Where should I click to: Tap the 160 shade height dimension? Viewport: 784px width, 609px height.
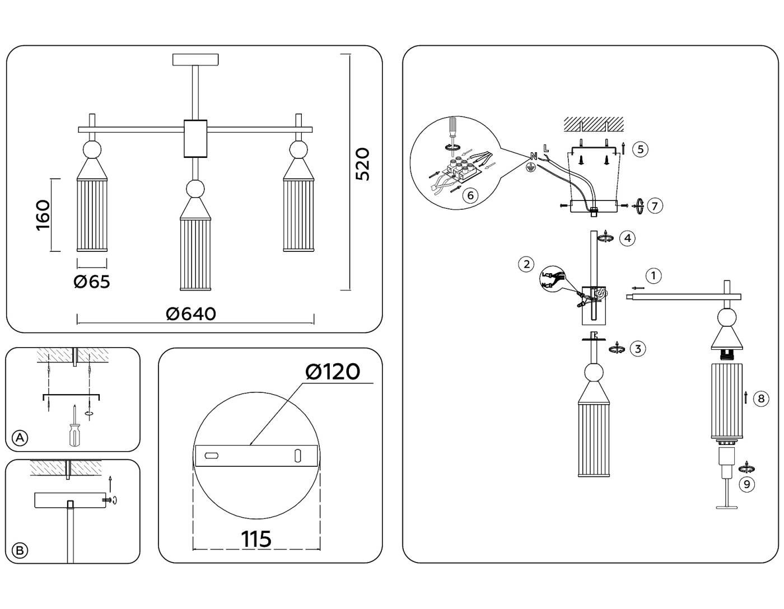point(43,215)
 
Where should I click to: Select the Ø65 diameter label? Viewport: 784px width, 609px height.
point(92,282)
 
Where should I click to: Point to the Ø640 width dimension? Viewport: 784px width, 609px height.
point(191,314)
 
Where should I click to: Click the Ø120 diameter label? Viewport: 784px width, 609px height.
point(333,371)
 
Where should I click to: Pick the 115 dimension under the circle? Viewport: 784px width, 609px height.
point(256,539)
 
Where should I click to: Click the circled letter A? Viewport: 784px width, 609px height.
point(20,438)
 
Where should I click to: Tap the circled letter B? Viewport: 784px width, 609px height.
point(20,550)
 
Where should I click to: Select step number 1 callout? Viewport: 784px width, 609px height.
point(653,275)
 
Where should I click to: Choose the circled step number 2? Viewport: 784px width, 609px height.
point(526,264)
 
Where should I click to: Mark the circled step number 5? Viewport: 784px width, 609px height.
point(640,149)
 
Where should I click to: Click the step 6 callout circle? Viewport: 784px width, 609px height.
point(470,195)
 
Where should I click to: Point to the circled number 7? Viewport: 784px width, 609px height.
point(655,205)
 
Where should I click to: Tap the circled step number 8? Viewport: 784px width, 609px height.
point(760,399)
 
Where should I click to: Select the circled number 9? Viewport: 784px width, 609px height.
point(746,484)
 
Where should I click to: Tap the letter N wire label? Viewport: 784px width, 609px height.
point(533,156)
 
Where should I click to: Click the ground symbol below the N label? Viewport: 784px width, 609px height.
point(529,166)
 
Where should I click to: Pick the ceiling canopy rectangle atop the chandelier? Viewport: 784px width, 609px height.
point(195,59)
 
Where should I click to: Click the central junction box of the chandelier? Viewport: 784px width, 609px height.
point(195,138)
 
